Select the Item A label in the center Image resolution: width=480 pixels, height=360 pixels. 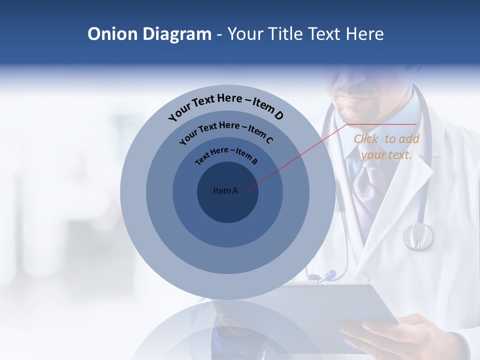pyautogui.click(x=225, y=190)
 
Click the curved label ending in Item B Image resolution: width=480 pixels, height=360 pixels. pyautogui.click(x=226, y=155)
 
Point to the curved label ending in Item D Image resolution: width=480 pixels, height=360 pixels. pyautogui.click(x=226, y=106)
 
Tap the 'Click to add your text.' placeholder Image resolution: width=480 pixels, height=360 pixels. pyautogui.click(x=386, y=147)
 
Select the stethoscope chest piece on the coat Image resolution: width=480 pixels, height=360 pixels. pyautogui.click(x=418, y=236)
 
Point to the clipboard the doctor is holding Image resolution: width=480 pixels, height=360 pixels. pyautogui.click(x=330, y=310)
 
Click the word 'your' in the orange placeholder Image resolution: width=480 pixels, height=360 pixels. pyautogui.click(x=374, y=155)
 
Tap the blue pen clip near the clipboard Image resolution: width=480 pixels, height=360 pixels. pyautogui.click(x=327, y=274)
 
